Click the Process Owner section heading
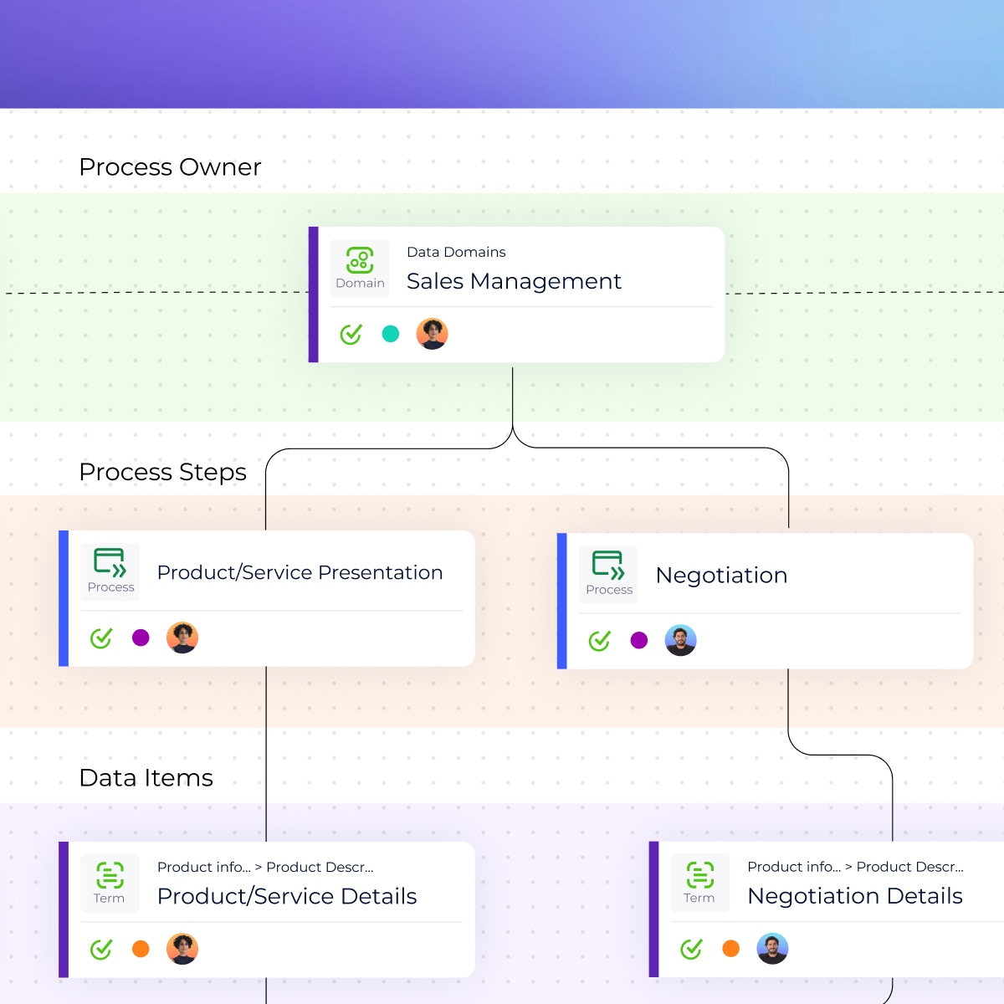pos(170,167)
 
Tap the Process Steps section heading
pos(162,472)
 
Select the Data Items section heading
pos(146,778)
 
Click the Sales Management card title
pos(514,281)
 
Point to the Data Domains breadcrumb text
pos(456,252)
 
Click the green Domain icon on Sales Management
pos(360,260)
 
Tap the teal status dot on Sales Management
pos(390,334)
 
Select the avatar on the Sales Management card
pos(432,334)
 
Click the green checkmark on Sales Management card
pos(351,334)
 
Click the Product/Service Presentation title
pos(300,572)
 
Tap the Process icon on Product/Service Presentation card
pos(110,563)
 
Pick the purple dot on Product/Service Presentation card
pos(141,638)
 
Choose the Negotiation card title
pos(721,575)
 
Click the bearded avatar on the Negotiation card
pos(680,641)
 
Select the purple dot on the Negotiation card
pos(639,641)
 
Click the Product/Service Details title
pos(287,896)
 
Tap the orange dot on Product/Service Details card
pos(141,949)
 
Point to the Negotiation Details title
pos(854,896)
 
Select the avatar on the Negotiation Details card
pos(772,949)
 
